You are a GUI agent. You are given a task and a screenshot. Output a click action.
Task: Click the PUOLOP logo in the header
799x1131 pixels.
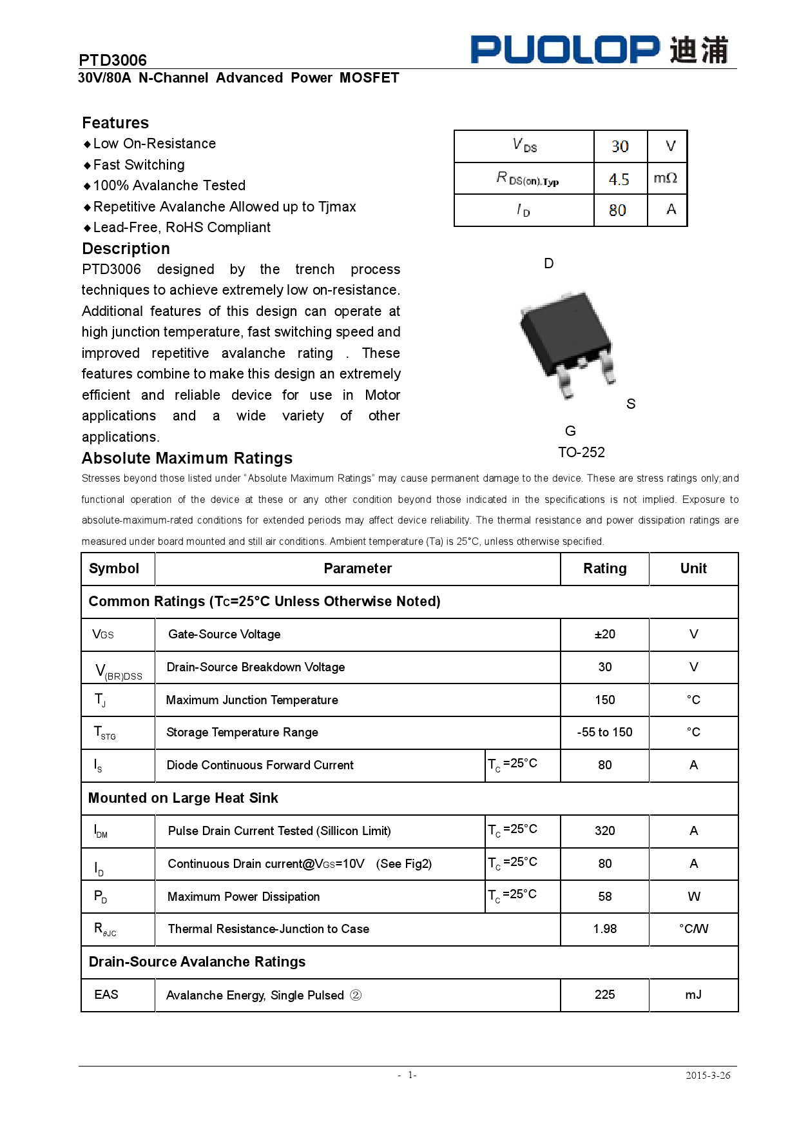(599, 50)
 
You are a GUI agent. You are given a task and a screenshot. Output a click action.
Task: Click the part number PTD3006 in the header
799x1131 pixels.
(113, 60)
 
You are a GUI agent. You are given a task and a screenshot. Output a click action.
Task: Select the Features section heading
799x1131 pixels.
(115, 123)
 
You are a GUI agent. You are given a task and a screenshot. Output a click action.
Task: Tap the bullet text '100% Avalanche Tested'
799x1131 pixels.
(169, 186)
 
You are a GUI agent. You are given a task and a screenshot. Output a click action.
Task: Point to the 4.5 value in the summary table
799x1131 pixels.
(619, 179)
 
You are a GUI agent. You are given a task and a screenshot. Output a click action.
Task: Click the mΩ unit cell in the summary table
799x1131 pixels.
(666, 178)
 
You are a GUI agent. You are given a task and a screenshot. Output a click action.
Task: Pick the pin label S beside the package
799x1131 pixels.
(631, 404)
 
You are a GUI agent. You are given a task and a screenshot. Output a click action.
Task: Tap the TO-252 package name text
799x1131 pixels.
(581, 452)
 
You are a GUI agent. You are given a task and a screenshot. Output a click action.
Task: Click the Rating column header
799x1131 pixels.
(604, 568)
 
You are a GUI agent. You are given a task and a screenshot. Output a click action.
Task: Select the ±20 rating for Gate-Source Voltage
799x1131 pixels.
(604, 634)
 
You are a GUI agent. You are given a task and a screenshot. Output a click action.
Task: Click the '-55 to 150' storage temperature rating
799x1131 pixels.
(604, 732)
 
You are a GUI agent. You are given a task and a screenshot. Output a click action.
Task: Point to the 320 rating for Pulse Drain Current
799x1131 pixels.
(604, 831)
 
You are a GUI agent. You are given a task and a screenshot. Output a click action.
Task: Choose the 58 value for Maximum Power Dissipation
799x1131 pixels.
(604, 896)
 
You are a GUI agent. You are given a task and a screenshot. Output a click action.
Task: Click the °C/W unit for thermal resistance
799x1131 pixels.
(693, 929)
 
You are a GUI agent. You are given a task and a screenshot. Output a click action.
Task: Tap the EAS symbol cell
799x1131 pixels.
(106, 994)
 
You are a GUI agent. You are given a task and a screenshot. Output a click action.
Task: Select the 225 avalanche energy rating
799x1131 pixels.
(604, 994)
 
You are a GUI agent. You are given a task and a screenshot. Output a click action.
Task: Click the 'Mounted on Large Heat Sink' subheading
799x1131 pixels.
(183, 798)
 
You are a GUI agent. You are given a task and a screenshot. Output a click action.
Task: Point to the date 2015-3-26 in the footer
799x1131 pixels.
(708, 1075)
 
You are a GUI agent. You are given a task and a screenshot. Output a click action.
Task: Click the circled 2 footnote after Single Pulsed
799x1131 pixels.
(356, 995)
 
